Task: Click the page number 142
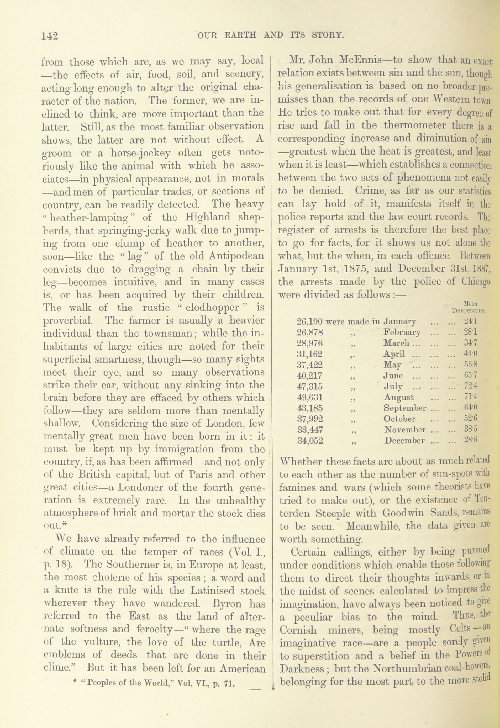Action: [50, 36]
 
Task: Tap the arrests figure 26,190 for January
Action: [309, 321]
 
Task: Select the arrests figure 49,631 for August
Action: [309, 398]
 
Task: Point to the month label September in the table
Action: [405, 408]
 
